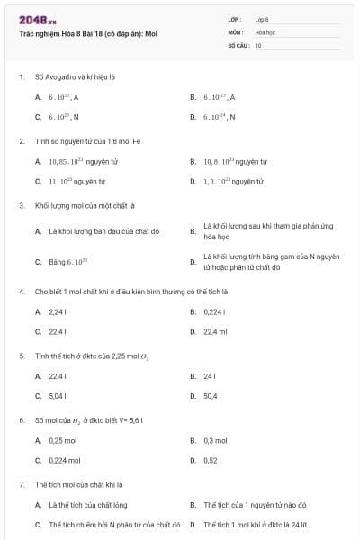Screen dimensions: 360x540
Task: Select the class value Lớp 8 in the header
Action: pos(262,18)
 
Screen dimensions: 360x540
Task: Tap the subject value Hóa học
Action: pos(264,31)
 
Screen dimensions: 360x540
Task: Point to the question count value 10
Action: pos(258,44)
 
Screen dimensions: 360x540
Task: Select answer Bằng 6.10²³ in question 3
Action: pos(62,262)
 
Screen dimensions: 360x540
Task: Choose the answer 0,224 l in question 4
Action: pos(214,311)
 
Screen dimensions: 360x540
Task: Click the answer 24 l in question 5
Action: pos(209,375)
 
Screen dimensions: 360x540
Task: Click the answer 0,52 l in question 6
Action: pos(212,460)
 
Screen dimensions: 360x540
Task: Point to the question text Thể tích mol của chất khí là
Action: pos(78,484)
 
